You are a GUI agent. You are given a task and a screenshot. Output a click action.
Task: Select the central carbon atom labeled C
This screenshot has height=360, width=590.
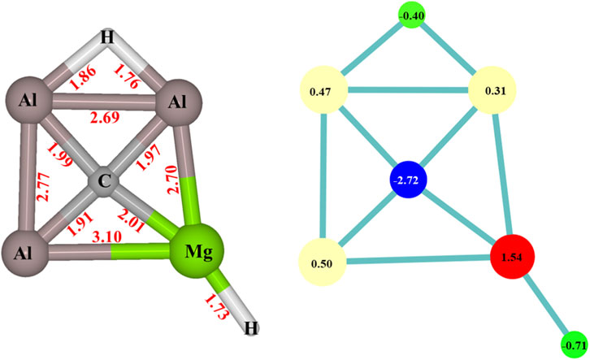pyautogui.click(x=104, y=181)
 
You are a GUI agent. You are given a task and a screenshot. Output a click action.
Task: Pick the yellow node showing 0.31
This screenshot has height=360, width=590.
pyautogui.click(x=495, y=90)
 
